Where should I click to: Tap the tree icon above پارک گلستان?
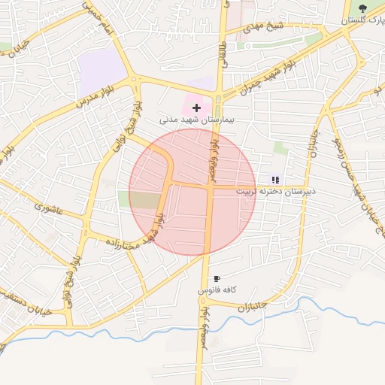(x=362, y=8)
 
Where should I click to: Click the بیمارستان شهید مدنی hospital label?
(x=197, y=120)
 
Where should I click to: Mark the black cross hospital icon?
(x=197, y=108)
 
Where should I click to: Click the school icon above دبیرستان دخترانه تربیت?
(x=275, y=180)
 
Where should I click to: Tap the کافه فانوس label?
(x=217, y=290)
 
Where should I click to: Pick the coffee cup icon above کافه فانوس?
(x=217, y=279)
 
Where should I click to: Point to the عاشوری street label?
(x=47, y=205)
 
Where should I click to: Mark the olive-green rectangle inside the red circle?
(x=140, y=200)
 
